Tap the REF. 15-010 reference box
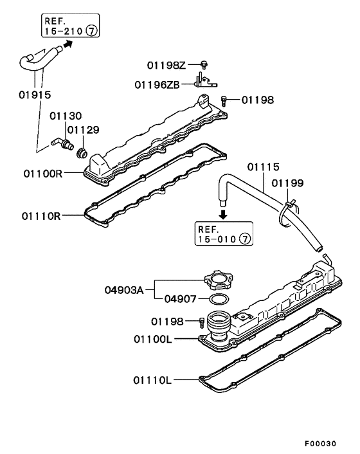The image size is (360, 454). pos(224,233)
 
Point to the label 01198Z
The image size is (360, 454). pos(166,66)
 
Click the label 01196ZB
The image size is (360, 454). pos(158,84)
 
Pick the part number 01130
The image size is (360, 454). pos(66,116)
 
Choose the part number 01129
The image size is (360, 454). pos(84,130)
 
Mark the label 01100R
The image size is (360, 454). pos(42,173)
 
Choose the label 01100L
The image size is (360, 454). pos(152,338)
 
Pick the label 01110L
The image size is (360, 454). pos(152,380)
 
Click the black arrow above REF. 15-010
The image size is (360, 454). pos(223,213)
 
